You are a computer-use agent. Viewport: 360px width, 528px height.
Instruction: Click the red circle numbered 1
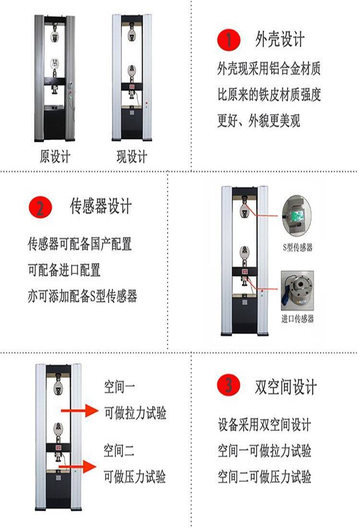click(228, 40)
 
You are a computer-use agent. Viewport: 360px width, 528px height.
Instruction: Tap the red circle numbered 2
click(41, 207)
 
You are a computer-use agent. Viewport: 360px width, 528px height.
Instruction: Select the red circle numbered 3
click(228, 384)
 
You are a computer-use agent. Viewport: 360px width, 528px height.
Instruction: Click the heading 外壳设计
click(280, 39)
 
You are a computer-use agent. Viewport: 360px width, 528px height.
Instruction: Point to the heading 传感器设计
click(101, 206)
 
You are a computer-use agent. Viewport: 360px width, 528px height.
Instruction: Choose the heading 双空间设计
click(286, 386)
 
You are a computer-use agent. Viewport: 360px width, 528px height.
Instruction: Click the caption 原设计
click(55, 156)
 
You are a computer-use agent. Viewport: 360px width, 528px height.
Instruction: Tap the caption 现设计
click(132, 156)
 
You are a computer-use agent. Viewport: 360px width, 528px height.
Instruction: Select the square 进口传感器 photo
click(298, 290)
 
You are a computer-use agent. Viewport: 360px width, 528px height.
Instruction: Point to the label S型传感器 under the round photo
click(298, 248)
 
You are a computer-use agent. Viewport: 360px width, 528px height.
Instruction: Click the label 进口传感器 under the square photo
click(298, 319)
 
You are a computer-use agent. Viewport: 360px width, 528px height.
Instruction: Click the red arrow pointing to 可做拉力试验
click(80, 410)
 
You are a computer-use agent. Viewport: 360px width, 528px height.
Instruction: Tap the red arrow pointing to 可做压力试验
click(77, 467)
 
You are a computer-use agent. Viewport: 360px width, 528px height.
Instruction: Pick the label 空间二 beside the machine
click(119, 450)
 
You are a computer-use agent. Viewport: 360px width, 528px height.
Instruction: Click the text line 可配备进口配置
click(64, 270)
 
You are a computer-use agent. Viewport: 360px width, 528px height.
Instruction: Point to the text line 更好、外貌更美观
click(259, 120)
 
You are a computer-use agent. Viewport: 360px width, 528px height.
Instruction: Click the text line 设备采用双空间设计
click(264, 425)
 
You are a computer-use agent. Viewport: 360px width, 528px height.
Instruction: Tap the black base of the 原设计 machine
click(55, 123)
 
